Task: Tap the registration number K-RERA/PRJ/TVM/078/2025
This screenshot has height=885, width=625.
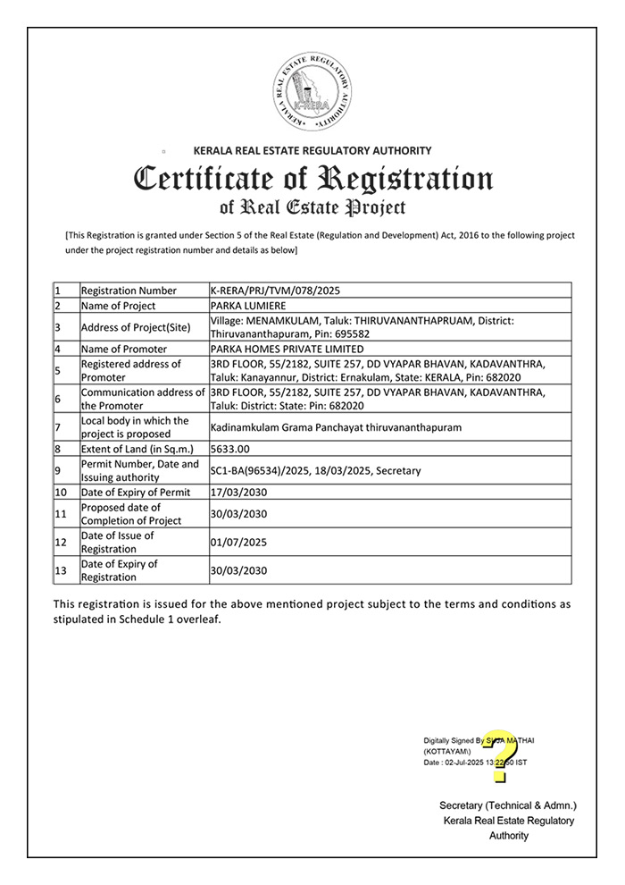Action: tap(275, 291)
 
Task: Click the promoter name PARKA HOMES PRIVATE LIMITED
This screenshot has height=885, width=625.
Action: tap(287, 349)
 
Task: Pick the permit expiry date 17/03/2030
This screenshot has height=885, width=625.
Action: tap(238, 493)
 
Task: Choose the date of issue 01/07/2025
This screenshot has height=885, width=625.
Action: tap(238, 542)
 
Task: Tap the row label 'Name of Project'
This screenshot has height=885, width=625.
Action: tap(118, 306)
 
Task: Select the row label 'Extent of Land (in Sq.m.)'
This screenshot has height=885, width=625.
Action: tap(137, 449)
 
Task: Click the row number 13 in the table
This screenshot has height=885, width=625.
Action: tap(61, 570)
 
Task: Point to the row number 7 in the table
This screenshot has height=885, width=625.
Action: tap(58, 427)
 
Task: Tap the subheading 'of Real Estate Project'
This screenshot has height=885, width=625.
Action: tap(312, 208)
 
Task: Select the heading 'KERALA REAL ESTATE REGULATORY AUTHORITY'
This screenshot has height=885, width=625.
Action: tap(312, 150)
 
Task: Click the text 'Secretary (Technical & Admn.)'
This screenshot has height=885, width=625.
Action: tap(508, 805)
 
